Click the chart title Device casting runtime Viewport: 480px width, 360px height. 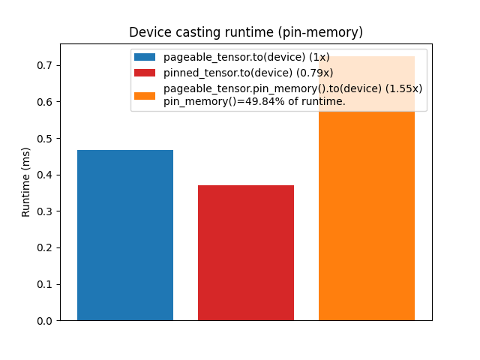(x=246, y=32)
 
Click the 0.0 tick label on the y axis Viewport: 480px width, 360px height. (x=44, y=321)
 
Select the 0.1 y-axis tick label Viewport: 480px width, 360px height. (x=44, y=284)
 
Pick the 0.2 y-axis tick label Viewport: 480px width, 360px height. (x=44, y=248)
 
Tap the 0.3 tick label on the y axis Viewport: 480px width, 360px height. (x=44, y=211)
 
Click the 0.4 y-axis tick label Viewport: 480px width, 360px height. (x=44, y=175)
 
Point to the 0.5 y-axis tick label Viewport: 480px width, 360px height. (x=44, y=139)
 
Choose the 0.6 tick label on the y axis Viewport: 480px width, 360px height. (x=44, y=102)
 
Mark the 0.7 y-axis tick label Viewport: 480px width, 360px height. (x=44, y=66)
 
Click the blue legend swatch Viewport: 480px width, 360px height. (x=145, y=58)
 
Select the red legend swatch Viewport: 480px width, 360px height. (x=145, y=73)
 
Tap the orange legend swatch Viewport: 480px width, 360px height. (x=145, y=95)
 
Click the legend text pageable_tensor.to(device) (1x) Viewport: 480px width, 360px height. (x=246, y=58)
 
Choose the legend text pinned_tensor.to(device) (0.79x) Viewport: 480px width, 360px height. (x=248, y=73)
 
